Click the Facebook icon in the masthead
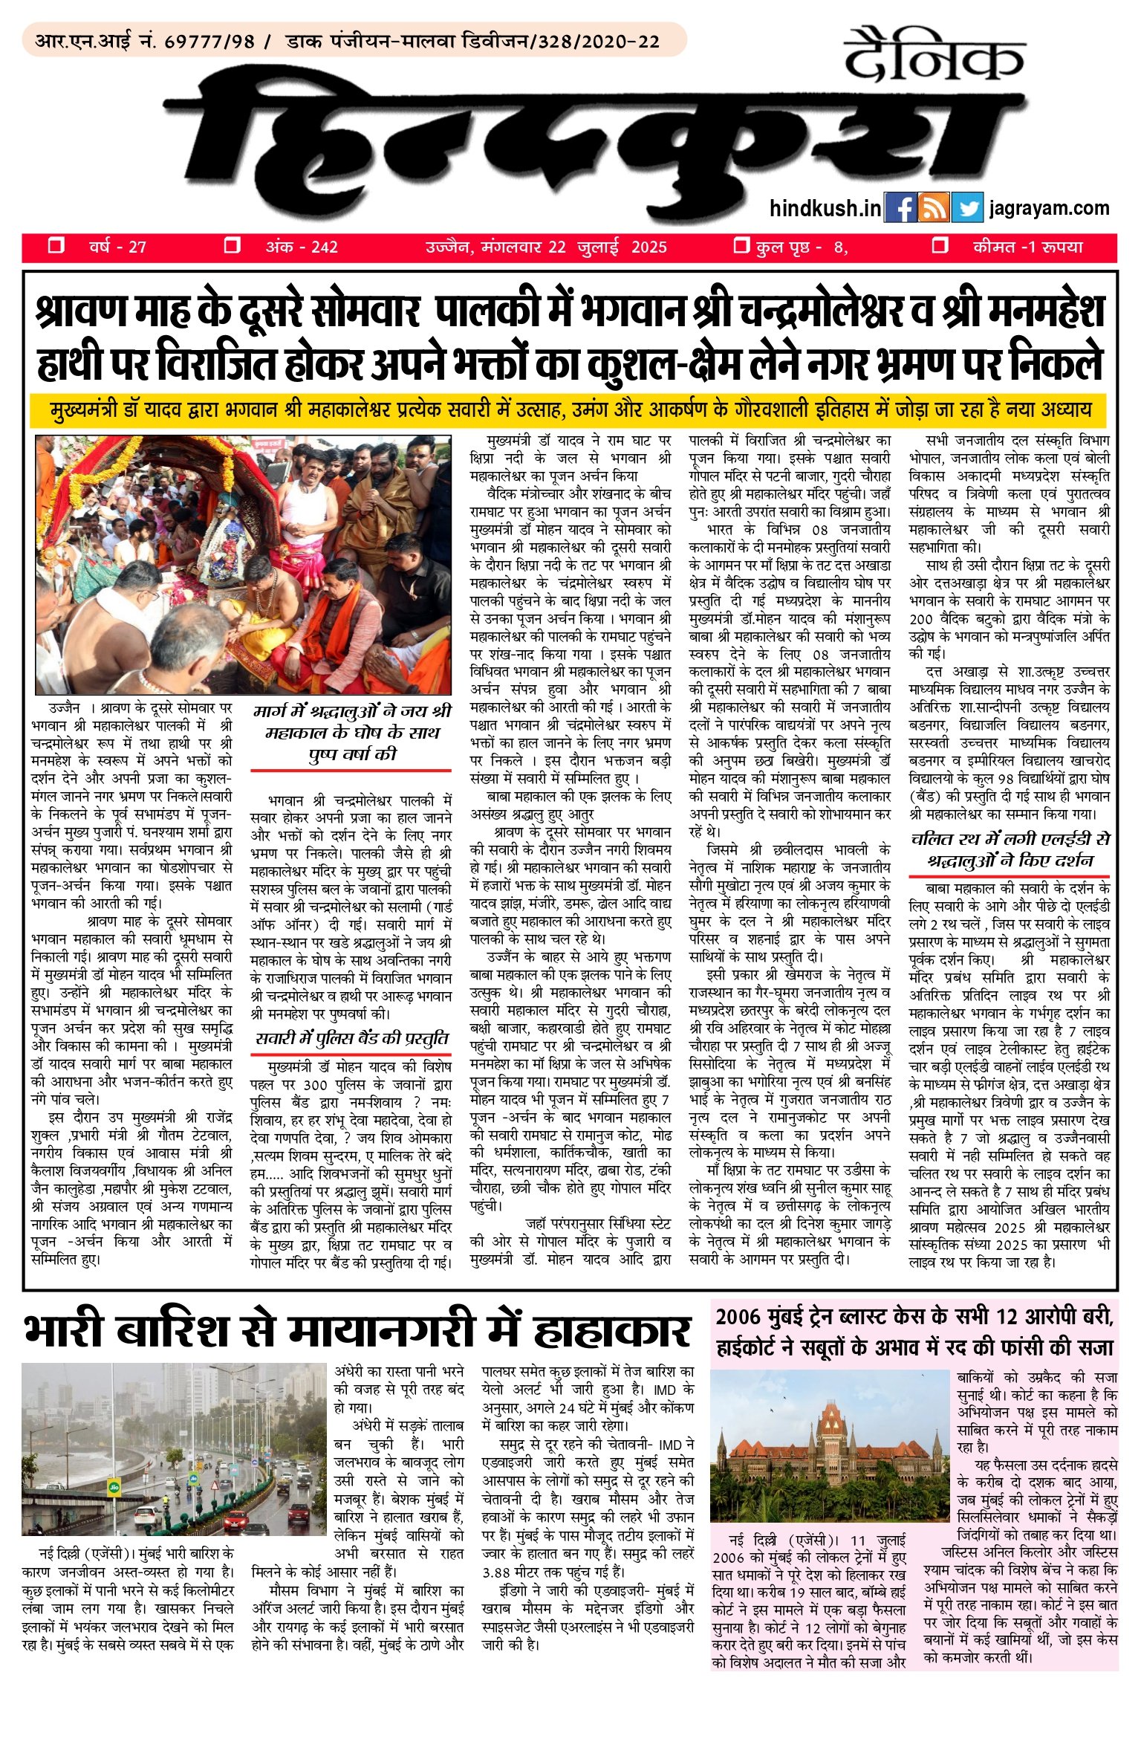tap(900, 207)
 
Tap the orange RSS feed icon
tap(934, 207)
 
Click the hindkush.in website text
tap(825, 208)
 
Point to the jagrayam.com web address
tap(1049, 208)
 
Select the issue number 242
tap(325, 247)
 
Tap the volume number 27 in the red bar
tap(137, 247)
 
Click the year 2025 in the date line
tap(648, 247)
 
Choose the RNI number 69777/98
tap(209, 41)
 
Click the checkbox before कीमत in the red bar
tap(940, 245)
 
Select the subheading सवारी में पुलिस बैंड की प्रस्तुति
tap(351, 1039)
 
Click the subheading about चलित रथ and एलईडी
tap(1010, 850)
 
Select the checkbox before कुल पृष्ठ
tap(741, 245)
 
